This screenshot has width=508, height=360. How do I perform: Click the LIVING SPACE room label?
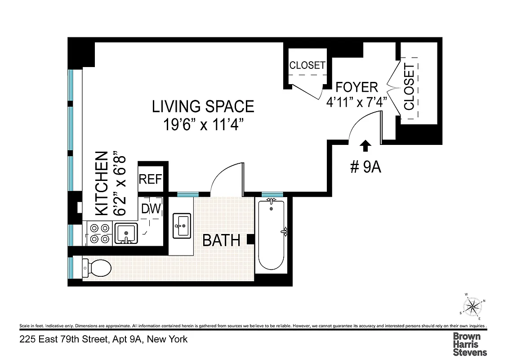pos(203,107)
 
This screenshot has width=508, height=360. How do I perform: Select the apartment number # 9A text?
pos(365,167)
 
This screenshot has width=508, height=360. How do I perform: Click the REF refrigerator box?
pos(150,179)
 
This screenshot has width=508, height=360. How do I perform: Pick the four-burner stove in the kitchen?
pos(99,234)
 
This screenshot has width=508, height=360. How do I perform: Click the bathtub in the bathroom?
pos(271,234)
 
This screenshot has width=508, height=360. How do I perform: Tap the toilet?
pos(97,269)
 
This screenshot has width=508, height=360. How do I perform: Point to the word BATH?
pos(221,241)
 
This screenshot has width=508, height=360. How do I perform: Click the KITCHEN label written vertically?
pos(102,184)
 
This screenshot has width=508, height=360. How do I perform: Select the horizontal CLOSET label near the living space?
pos(307,65)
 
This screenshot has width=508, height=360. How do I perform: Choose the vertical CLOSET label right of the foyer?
pos(409,87)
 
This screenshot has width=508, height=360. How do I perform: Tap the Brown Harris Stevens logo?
pos(469,344)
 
